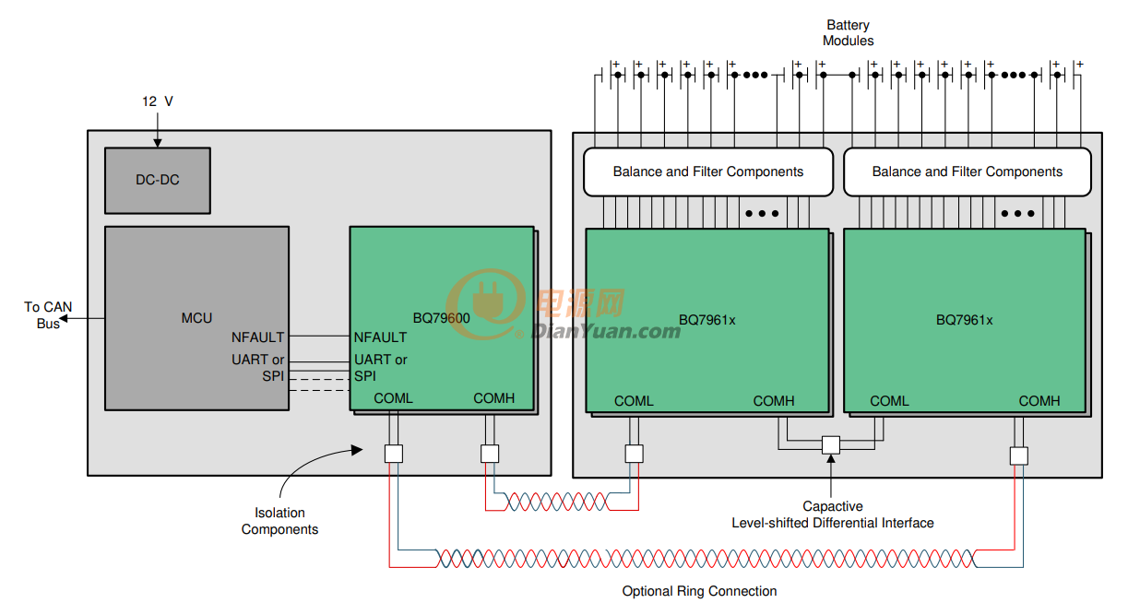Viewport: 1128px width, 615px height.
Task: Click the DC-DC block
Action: (158, 181)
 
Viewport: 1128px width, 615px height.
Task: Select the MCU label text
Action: (196, 318)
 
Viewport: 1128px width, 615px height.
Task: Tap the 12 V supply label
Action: (158, 101)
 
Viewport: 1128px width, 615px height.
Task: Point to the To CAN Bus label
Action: (48, 315)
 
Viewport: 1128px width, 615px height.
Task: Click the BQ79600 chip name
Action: (441, 318)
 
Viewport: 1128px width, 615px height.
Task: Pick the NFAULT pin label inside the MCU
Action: (258, 337)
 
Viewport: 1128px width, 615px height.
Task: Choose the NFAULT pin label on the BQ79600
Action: (380, 337)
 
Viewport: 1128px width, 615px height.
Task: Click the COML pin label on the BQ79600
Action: (393, 398)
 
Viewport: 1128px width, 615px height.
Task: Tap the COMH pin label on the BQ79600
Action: (493, 398)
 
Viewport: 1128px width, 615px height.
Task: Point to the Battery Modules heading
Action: (848, 32)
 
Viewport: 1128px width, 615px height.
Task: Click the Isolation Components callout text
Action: (279, 521)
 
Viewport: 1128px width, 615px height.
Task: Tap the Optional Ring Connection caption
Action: (699, 591)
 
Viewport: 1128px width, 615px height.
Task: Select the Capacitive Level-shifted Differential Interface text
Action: (833, 514)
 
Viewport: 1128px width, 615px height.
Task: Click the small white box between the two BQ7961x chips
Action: (831, 445)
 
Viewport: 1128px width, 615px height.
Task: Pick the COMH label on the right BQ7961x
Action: (1039, 400)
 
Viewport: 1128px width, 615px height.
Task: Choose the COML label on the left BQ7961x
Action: (634, 400)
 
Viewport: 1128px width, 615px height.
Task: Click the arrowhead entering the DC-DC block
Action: (158, 143)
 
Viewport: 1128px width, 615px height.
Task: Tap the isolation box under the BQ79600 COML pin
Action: (394, 454)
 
